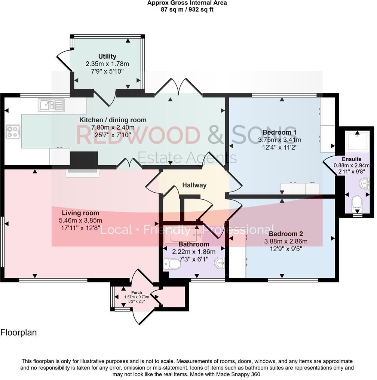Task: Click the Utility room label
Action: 107,56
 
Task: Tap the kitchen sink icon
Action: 51,105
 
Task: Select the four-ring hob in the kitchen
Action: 13,132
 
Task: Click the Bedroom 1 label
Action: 279,132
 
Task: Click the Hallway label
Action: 194,185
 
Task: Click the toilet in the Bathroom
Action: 172,264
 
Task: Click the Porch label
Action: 137,292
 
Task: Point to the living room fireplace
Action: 83,172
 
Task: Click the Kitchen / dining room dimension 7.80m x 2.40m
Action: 113,127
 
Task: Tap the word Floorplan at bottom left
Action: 19,332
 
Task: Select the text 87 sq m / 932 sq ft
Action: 187,9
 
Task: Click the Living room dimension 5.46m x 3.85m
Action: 80,220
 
